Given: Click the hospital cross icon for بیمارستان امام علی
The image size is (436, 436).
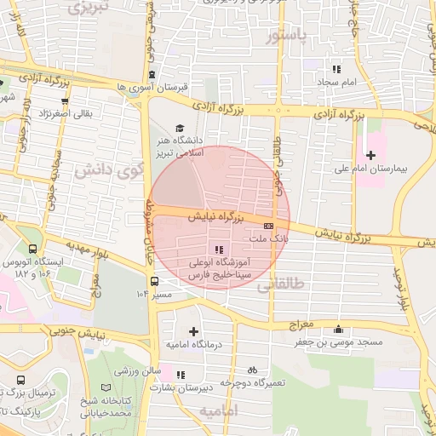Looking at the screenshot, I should pos(370,154).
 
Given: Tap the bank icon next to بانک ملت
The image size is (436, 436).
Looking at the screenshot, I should pos(269,226).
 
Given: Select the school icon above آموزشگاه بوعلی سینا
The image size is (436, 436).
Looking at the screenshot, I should pos(219,250).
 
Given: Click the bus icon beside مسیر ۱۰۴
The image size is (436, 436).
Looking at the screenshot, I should pos(154,281).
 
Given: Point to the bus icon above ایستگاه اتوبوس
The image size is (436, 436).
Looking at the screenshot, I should pos(32,250).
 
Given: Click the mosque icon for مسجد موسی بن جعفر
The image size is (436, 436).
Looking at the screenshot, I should pos(341,330).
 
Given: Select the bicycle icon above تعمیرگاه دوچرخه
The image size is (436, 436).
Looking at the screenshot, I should pos(251,370).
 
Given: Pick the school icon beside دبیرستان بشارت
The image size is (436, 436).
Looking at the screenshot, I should pos(179,374).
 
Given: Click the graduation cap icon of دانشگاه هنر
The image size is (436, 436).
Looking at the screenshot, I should pos(179,127).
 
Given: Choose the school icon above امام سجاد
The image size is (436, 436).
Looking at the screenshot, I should pos(336,69).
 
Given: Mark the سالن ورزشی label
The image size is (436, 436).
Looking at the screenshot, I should pos(141,371).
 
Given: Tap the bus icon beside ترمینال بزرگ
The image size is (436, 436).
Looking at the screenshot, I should pos(20,381).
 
